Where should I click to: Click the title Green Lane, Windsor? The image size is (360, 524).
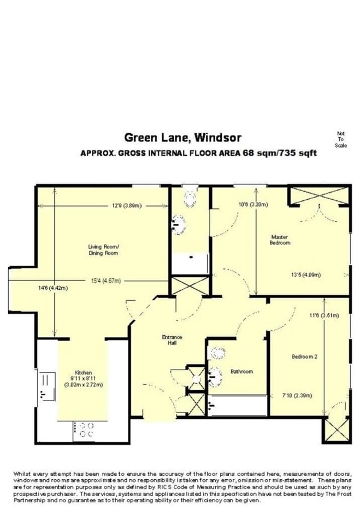point(182,138)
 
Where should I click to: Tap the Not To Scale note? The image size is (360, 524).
point(340,140)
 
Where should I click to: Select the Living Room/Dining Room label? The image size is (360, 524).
point(103,250)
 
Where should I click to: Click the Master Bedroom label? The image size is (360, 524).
point(280,240)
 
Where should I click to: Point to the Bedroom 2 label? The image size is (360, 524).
point(304,356)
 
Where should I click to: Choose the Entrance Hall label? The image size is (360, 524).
point(172,340)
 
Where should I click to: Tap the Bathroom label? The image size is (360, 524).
point(241,371)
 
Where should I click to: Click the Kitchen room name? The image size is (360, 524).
point(84,373)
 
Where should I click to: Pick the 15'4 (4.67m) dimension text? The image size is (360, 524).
point(106,281)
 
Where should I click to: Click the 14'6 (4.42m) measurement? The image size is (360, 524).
point(53,288)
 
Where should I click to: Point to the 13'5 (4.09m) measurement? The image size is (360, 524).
point(305,275)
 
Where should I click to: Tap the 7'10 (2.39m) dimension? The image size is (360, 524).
point(297,395)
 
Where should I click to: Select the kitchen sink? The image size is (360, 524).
point(46,386)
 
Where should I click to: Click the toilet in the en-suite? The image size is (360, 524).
point(190,200)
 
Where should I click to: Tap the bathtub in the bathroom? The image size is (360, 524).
point(238,406)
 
